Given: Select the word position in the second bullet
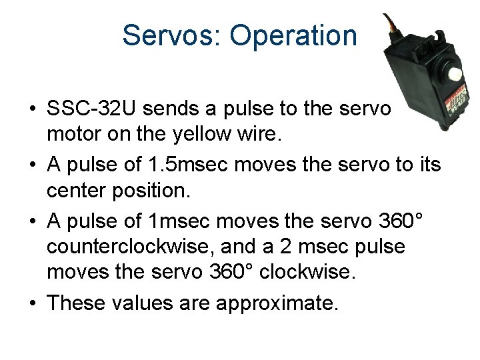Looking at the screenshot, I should [153, 191].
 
